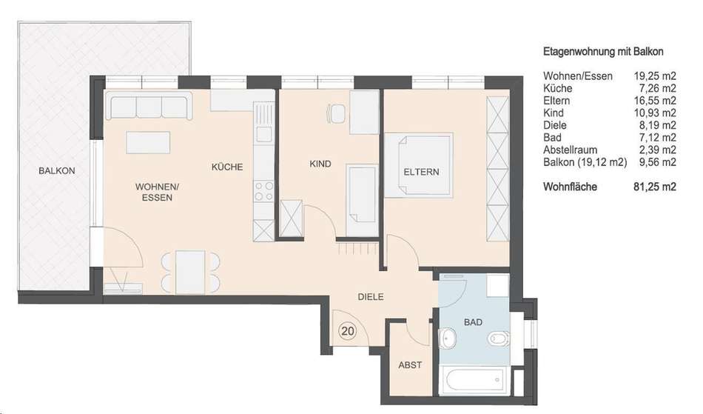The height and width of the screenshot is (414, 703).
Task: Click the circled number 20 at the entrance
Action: tap(348, 332)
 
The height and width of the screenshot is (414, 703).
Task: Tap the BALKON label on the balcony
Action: tap(56, 171)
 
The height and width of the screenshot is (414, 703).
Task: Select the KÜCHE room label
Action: tap(227, 167)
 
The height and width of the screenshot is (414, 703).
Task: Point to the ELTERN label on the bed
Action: tap(422, 172)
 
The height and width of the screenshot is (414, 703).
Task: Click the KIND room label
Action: tap(320, 164)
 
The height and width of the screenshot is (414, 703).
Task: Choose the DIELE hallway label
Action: tap(371, 296)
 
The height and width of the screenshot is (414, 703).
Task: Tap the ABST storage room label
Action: tap(410, 365)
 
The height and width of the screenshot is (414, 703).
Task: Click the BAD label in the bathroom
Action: tap(473, 322)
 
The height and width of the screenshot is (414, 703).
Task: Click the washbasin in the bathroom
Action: tap(447, 337)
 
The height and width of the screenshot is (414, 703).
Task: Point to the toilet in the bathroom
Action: tap(499, 337)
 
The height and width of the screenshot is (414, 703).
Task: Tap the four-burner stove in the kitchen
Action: tap(263, 191)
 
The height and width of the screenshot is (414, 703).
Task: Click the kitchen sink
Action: tap(263, 133)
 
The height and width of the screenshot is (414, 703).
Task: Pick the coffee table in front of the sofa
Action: tap(149, 143)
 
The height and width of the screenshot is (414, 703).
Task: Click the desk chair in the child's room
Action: tap(336, 113)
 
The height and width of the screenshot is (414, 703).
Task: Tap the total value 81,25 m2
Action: tap(655, 187)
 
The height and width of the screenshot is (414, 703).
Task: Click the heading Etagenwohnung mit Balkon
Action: tap(603, 52)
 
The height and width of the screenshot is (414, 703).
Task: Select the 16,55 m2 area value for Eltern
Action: tap(655, 101)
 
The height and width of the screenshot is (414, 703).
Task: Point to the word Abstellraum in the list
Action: tap(571, 150)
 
